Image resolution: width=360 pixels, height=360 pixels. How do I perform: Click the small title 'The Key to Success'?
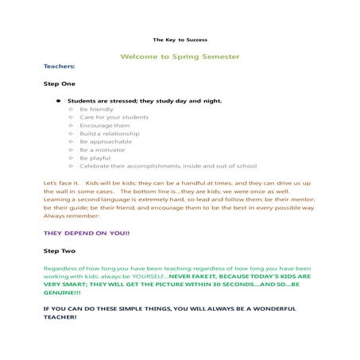click(x=180, y=39)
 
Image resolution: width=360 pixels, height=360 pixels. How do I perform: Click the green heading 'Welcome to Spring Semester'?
click(x=180, y=56)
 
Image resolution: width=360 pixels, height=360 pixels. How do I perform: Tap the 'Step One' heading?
click(x=59, y=83)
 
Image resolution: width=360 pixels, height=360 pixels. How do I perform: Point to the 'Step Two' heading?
click(x=60, y=251)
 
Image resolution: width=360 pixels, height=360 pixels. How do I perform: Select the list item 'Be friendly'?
click(x=95, y=110)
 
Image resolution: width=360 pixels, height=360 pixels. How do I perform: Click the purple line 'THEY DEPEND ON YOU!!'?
click(x=87, y=234)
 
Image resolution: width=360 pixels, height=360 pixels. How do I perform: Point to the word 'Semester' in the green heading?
click(x=221, y=56)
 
